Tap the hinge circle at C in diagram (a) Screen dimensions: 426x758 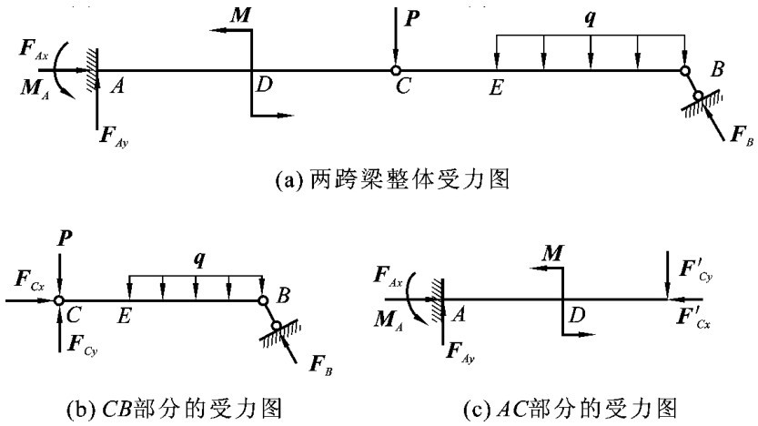tap(396, 69)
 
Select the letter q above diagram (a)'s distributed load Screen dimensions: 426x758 tap(590, 18)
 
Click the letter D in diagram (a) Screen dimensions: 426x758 tap(264, 86)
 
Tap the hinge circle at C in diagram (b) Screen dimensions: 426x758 tap(58, 299)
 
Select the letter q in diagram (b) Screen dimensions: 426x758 tap(195, 259)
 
